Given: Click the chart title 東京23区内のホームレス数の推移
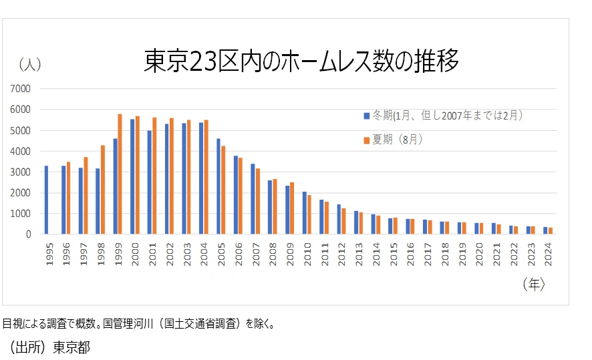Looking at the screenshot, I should click(301, 61).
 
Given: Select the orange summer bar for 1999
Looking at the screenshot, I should click(120, 174).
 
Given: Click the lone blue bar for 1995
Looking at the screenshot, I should click(46, 200).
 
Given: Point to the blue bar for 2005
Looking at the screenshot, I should click(218, 186).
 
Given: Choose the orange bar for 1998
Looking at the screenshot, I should click(103, 190).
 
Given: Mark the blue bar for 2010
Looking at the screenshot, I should click(304, 213).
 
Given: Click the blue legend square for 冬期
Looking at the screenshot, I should click(366, 116).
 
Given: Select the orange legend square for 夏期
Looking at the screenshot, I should click(366, 140).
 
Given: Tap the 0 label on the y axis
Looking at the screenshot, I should click(28, 234).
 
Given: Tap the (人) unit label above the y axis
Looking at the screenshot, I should click(30, 64).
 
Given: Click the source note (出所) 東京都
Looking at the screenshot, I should click(46, 348).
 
